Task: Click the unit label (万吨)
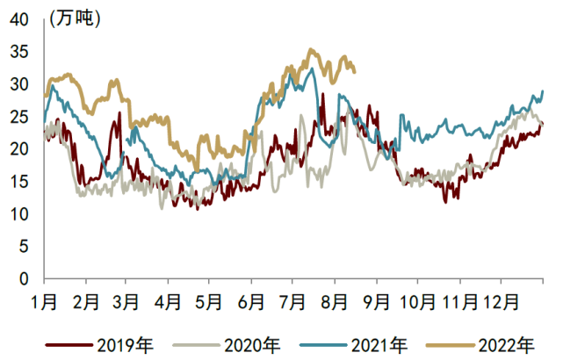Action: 76,18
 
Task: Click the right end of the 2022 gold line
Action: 355,71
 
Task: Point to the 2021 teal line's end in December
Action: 543,91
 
